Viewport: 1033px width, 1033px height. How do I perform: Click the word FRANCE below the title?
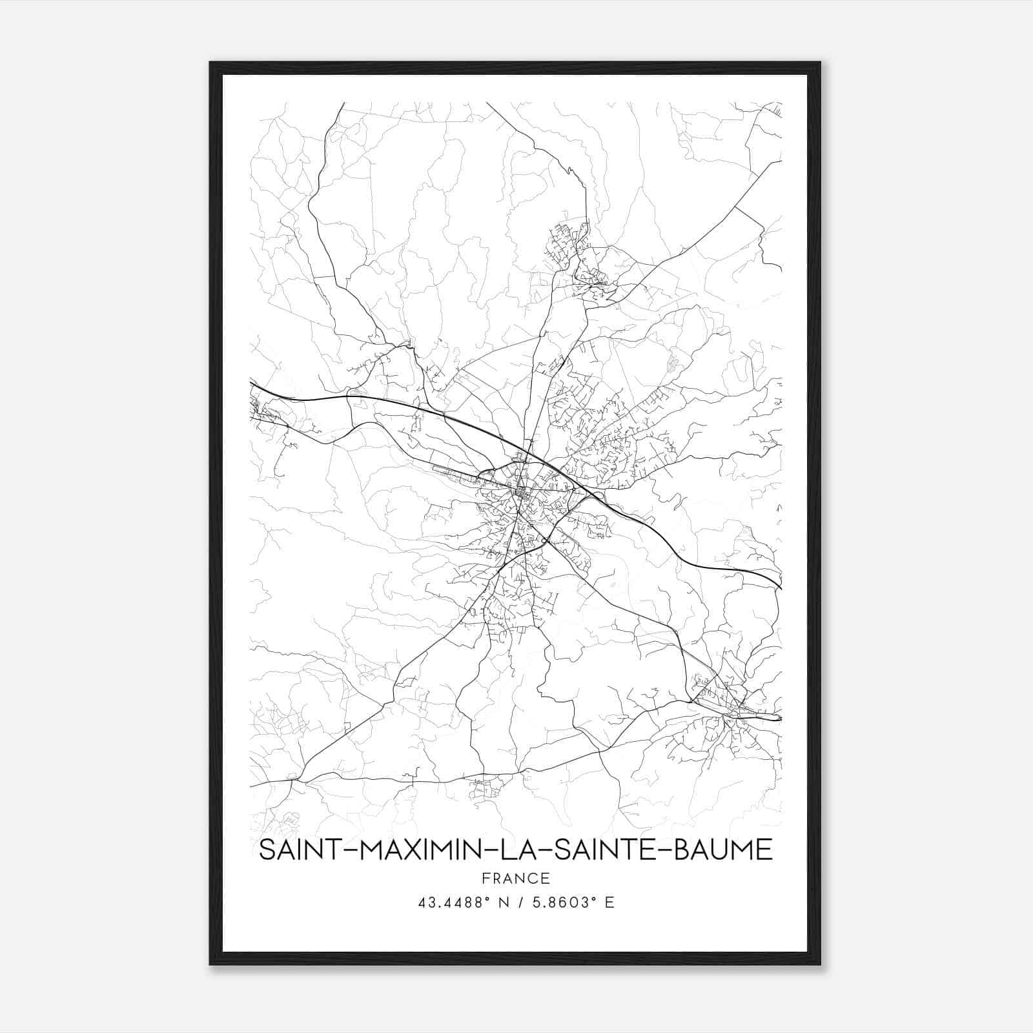coord(515,878)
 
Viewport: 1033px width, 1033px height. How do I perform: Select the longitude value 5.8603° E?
coord(573,902)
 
